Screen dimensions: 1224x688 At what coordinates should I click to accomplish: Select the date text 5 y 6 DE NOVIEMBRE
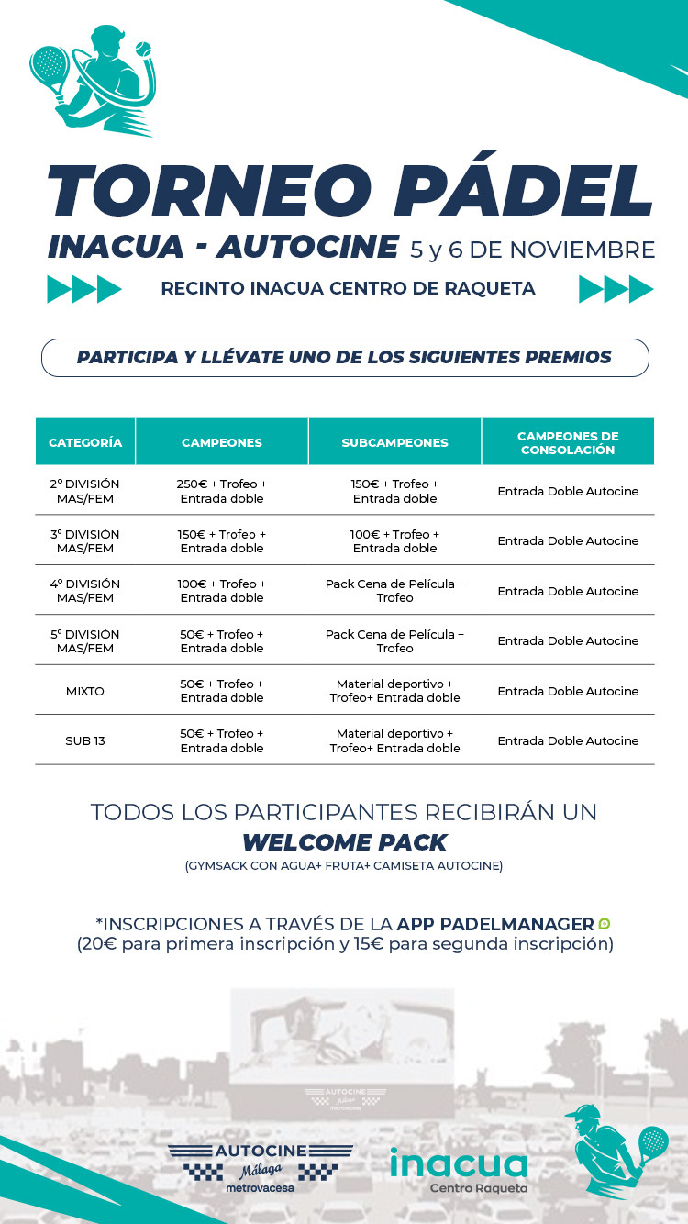pos(533,250)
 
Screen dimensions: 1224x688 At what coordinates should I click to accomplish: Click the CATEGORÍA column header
pos(85,442)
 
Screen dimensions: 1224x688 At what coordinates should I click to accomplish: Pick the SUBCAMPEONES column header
pos(394,442)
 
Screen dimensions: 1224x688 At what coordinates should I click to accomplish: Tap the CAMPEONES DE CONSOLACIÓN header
pos(568,442)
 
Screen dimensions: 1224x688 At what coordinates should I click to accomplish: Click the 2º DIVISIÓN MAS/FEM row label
pos(85,491)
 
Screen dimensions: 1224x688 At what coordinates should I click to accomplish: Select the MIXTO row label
pos(85,691)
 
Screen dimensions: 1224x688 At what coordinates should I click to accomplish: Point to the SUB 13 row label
pos(85,740)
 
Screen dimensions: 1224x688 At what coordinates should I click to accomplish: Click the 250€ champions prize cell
pos(222,491)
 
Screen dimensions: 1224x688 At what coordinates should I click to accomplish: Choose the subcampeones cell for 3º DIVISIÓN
pos(394,540)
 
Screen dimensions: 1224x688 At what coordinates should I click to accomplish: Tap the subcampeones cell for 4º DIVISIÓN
pos(394,591)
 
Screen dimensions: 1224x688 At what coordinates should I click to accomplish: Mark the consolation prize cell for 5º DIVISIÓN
pos(568,640)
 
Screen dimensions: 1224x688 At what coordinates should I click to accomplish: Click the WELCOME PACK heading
pos(344,841)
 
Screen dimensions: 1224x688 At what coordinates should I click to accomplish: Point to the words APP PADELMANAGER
pos(495,923)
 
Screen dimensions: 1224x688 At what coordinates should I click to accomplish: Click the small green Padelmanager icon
pos(605,923)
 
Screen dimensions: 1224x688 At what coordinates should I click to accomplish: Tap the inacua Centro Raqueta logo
pos(458,1169)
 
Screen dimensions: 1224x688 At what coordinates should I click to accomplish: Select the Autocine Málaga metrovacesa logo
pos(261,1168)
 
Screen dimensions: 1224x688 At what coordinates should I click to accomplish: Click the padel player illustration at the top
pos(92,81)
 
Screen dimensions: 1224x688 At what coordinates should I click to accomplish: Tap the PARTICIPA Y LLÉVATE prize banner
pos(344,357)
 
